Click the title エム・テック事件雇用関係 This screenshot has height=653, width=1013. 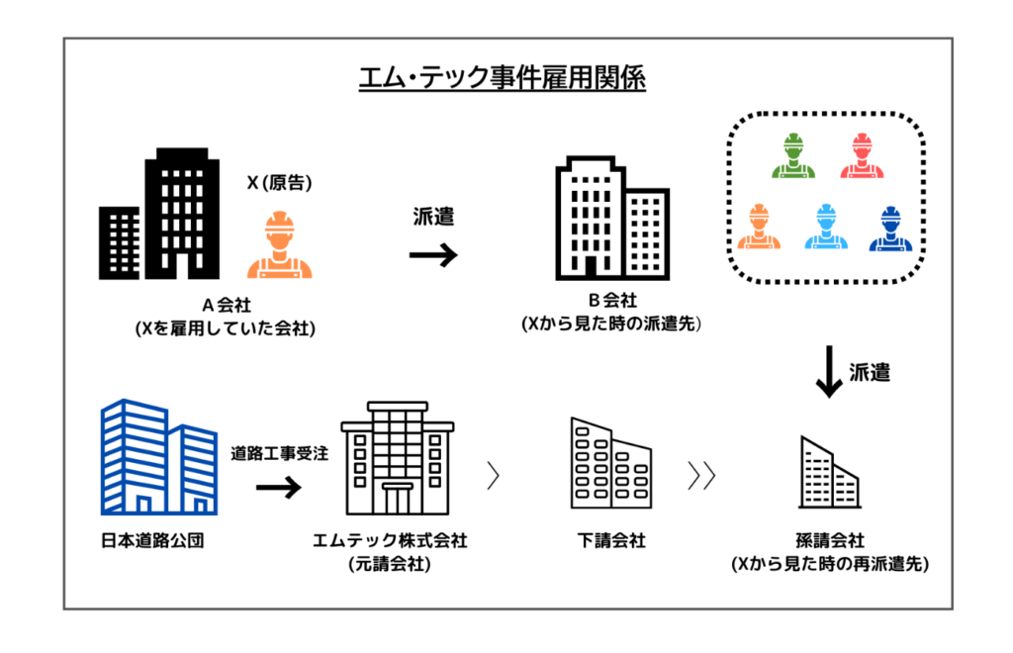502,78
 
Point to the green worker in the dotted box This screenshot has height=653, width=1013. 792,156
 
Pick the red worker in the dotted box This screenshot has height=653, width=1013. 861,156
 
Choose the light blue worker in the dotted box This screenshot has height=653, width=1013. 825,228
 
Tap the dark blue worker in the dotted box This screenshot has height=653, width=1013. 890,228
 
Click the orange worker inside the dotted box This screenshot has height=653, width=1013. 760,228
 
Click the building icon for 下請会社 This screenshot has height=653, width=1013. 610,462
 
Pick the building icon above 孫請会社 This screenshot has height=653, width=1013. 829,473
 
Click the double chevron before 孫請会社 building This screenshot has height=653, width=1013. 701,476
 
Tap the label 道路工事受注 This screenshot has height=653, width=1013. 280,454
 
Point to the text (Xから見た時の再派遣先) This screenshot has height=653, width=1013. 829,565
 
